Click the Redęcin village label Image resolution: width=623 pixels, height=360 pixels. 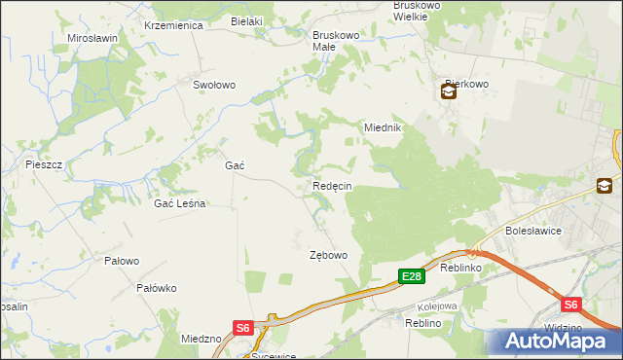pyautogui.click(x=332, y=186)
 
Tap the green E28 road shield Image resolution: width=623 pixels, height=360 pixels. pyautogui.click(x=412, y=277)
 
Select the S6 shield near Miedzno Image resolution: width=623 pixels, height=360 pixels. pyautogui.click(x=243, y=328)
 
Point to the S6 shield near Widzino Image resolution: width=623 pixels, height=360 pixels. pyautogui.click(x=570, y=304)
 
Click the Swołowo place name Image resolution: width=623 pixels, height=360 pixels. pyautogui.click(x=214, y=85)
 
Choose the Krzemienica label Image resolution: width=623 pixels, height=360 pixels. pyautogui.click(x=172, y=25)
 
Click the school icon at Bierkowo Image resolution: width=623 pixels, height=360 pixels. pyautogui.click(x=447, y=92)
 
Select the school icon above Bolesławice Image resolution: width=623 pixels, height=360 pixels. pyautogui.click(x=605, y=186)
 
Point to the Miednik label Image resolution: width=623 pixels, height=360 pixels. pyautogui.click(x=383, y=127)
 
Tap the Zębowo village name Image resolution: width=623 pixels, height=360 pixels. pyautogui.click(x=328, y=255)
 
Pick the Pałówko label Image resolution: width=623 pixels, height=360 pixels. pyautogui.click(x=156, y=288)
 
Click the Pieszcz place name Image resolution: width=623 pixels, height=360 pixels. pyautogui.click(x=44, y=164)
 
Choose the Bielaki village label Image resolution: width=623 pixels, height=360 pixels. pyautogui.click(x=247, y=20)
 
